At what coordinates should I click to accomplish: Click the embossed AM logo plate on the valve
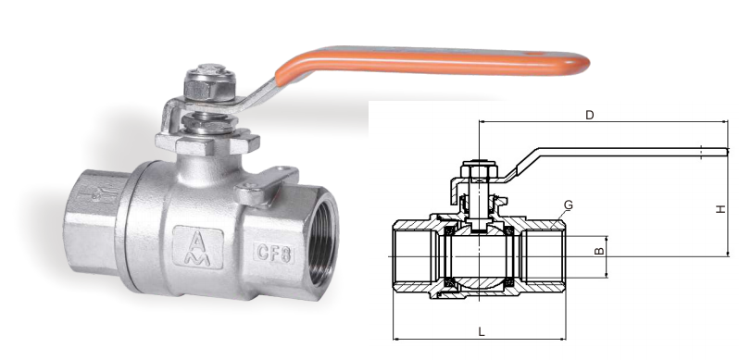[198, 247]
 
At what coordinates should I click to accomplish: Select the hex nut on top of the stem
[209, 83]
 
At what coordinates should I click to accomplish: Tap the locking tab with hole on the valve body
[266, 186]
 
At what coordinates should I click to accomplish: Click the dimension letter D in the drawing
[589, 115]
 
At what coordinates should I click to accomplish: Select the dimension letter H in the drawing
[720, 209]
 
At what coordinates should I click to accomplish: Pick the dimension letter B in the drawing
[599, 251]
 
